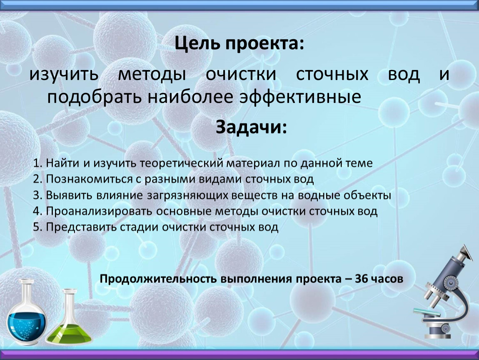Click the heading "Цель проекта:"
(x=239, y=44)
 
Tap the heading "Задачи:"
(x=252, y=127)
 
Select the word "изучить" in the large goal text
(x=64, y=75)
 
